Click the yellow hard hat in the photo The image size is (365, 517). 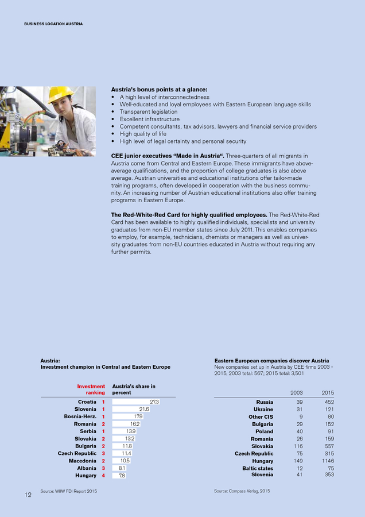click(60, 94)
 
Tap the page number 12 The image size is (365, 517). click(28, 495)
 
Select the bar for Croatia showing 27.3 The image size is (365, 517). click(135, 402)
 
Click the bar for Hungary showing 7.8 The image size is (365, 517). click(119, 476)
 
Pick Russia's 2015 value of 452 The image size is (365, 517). click(328, 402)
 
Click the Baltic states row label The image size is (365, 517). click(258, 468)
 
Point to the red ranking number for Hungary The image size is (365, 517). click(103, 476)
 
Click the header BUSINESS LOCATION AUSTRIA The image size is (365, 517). click(53, 24)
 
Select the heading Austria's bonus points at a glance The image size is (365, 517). click(159, 90)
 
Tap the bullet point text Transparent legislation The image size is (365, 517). click(149, 112)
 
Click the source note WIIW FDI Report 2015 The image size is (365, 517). click(68, 491)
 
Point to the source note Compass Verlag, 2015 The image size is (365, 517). click(242, 491)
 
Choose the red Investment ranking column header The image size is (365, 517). click(91, 389)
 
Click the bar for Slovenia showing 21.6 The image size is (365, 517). click(131, 409)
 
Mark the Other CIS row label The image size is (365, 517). click(261, 416)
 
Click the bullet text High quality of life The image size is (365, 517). click(142, 134)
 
